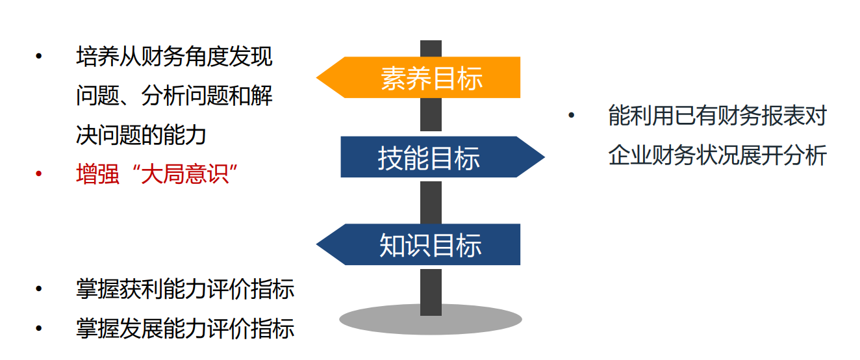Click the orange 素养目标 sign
coord(431,78)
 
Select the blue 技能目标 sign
coord(429,157)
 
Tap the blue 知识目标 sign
coord(431,245)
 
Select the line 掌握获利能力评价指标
coord(185,289)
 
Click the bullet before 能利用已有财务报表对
coord(572,116)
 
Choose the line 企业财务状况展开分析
coord(717,156)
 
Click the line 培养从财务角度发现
coord(174,57)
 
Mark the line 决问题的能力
coord(141,135)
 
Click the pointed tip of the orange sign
coord(320,78)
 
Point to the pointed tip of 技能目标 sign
coord(542,157)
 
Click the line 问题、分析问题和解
coord(174,96)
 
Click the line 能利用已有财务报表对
coord(717,116)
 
